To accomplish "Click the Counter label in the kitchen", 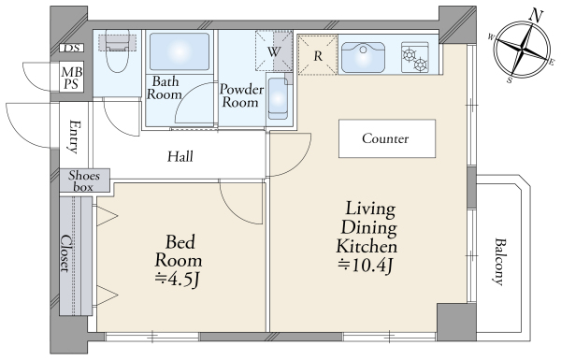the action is click(x=385, y=138).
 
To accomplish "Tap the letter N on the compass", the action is click(x=536, y=16).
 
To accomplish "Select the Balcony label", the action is click(x=498, y=262).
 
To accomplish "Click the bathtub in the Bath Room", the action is click(x=180, y=51).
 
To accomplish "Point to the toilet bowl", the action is click(x=117, y=53).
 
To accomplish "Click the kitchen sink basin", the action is click(x=363, y=57).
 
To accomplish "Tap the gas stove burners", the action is click(x=415, y=57).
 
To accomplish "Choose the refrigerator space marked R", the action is click(x=318, y=55).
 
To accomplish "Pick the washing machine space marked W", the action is click(x=274, y=51).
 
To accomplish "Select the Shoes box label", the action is click(x=84, y=181).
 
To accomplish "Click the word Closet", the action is click(x=65, y=253).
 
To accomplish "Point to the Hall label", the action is click(x=180, y=156).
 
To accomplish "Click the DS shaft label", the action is click(x=72, y=48).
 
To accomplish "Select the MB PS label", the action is click(x=72, y=78).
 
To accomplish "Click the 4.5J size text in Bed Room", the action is click(x=177, y=280).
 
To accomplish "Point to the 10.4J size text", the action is click(x=366, y=266).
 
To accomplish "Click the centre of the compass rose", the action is click(x=523, y=50).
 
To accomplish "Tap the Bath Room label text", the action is click(x=165, y=88).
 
